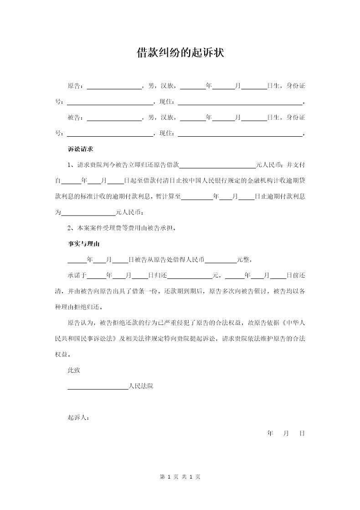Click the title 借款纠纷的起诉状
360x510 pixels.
click(180, 53)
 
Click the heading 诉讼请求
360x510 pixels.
click(81, 149)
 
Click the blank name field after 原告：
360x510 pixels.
click(114, 86)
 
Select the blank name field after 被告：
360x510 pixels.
click(114, 118)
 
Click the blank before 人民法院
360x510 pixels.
click(98, 386)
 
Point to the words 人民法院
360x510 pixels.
click(141, 386)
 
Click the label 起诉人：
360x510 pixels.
click(78, 417)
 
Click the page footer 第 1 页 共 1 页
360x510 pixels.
click(180, 477)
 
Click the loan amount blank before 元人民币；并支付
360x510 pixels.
click(218, 165)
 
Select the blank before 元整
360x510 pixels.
click(221, 260)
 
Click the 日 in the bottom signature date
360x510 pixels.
click(302, 433)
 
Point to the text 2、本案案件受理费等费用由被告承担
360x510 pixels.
click(121, 228)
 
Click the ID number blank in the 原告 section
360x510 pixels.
click(110, 102)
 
